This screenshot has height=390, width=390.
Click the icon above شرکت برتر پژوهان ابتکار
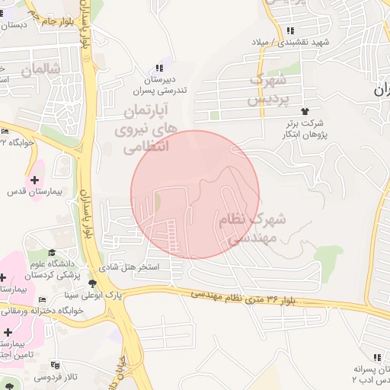point(306,112)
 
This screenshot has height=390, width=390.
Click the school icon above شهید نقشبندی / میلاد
point(290,30)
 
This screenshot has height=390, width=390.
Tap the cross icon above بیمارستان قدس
point(34,179)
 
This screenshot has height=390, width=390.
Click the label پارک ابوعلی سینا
point(71,294)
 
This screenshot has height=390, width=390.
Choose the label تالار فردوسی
point(56,377)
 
